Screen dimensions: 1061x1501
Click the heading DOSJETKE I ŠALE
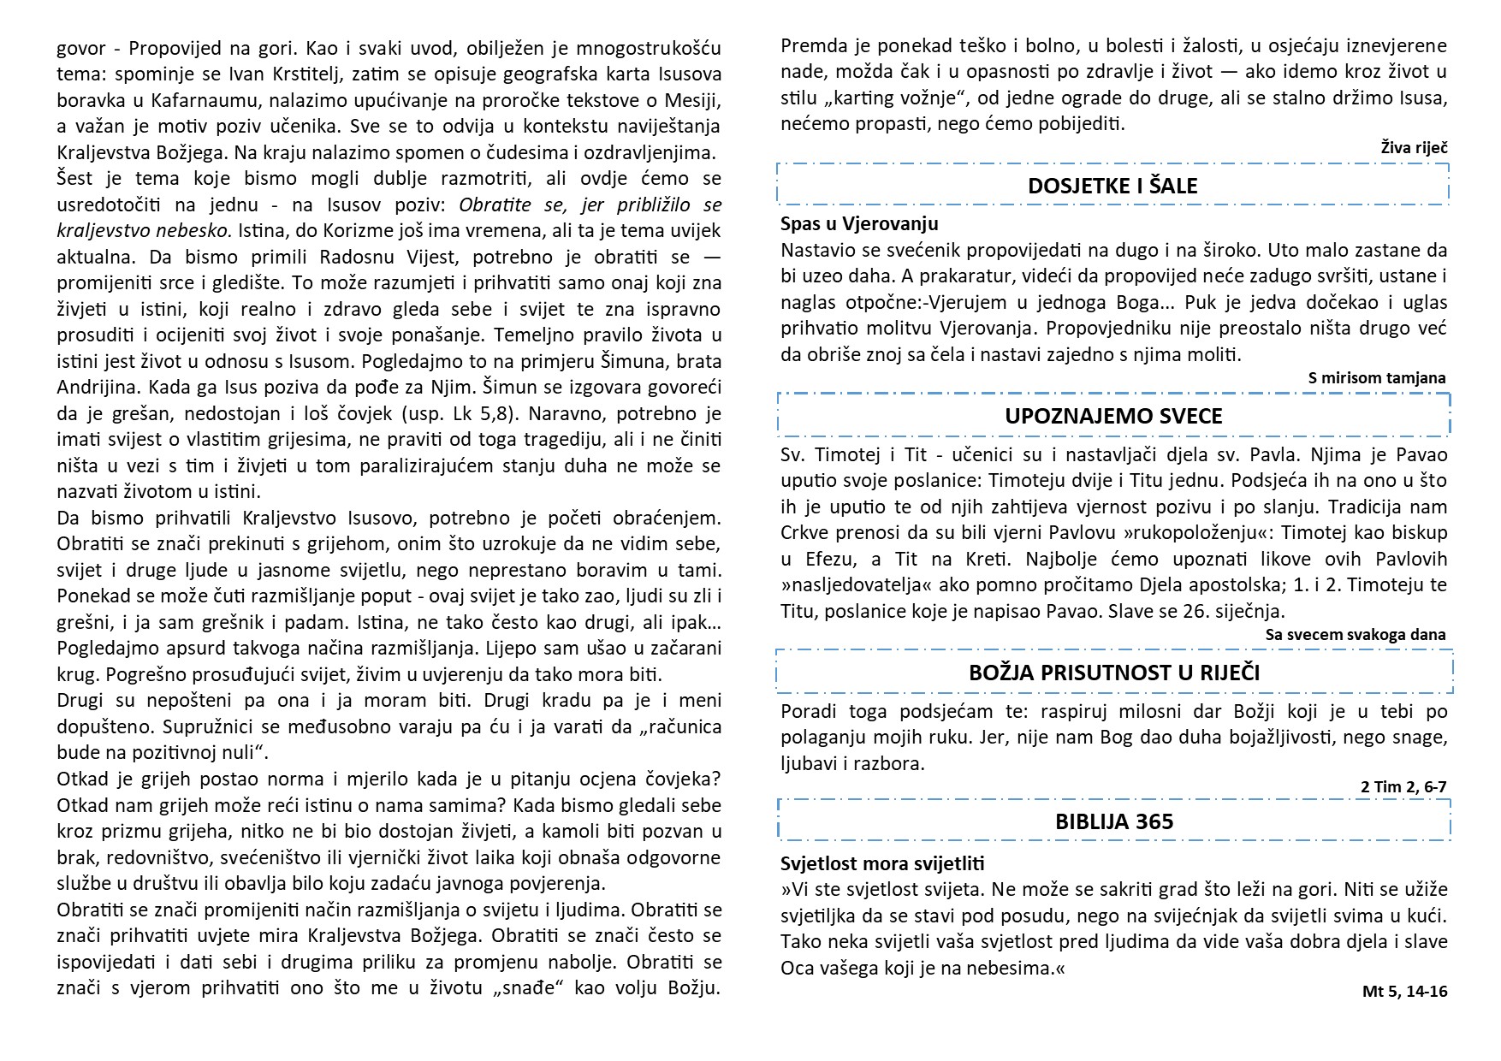(1112, 186)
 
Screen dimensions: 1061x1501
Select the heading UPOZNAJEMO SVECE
(1113, 417)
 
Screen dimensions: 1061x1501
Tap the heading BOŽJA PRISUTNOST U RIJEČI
(1113, 673)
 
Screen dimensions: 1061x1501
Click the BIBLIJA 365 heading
(1113, 822)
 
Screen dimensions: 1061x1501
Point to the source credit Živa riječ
(1414, 148)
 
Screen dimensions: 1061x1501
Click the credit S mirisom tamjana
(1377, 377)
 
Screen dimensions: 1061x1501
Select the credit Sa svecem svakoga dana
(1356, 634)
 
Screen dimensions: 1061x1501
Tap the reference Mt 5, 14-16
(1404, 992)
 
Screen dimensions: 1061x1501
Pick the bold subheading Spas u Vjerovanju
(859, 224)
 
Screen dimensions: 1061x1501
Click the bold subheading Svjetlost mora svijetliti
(882, 863)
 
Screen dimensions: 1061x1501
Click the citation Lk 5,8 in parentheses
(487, 413)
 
